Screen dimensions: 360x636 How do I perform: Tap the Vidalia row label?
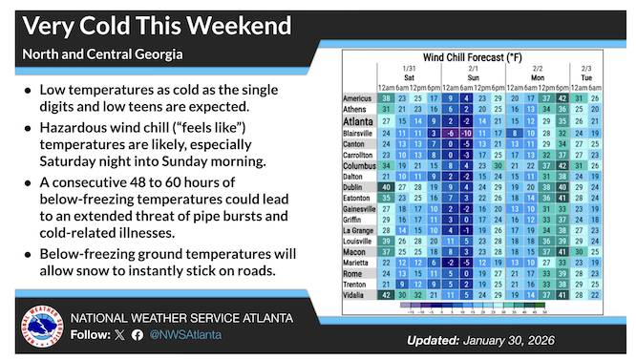coord(360,295)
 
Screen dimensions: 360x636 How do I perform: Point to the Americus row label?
coord(358,98)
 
